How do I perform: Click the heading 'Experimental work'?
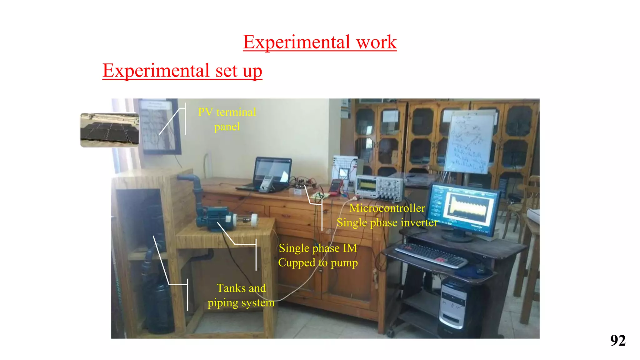320,42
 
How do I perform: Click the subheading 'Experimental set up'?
182,71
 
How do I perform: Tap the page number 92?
617,340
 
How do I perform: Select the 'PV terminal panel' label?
227,119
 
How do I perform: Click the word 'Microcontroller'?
387,208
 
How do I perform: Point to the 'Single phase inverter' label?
387,222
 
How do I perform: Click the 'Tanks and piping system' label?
241,295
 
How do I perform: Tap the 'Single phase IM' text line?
318,248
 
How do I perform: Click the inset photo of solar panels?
110,130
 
